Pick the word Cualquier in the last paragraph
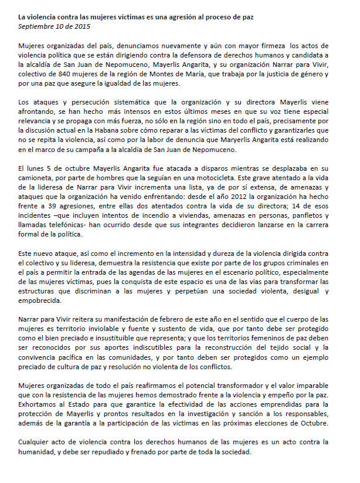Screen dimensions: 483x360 point(36,441)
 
